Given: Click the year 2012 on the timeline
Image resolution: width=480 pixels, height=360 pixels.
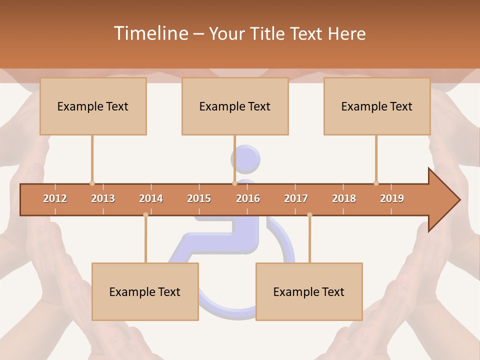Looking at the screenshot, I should tap(55, 198).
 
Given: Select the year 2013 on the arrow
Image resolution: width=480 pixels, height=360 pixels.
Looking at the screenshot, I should tap(103, 198).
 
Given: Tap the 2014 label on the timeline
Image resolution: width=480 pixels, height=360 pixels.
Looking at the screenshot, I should tap(151, 198).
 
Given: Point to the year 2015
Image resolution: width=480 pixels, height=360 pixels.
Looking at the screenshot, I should tap(199, 198).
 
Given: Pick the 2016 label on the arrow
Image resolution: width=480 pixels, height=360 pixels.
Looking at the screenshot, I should tap(248, 198).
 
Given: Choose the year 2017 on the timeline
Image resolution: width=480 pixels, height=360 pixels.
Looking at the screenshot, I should tap(296, 198).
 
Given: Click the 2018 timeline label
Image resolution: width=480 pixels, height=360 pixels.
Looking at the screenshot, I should tap(344, 198).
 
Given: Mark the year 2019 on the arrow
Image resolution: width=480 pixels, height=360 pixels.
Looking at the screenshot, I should tap(392, 198).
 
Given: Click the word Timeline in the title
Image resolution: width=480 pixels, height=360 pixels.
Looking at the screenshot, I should tap(150, 33).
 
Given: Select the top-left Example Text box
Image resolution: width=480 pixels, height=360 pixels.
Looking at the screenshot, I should tap(93, 106).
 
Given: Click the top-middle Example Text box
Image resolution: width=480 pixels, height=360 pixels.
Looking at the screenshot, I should tap(235, 106).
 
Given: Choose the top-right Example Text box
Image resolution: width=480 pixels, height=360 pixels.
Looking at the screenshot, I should tap(377, 106).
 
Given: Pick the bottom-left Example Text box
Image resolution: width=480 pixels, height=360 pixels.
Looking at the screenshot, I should tap(145, 291).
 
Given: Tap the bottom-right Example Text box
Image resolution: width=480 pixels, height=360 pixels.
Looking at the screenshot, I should tap(309, 291).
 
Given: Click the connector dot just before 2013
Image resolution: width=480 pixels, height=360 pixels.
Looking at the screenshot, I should tap(92, 183).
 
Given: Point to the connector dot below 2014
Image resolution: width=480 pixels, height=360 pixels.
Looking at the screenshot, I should tap(145, 215).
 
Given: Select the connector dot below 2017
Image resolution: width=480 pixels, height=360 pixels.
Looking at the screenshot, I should tap(309, 215).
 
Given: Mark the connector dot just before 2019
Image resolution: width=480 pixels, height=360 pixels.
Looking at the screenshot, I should tap(376, 183).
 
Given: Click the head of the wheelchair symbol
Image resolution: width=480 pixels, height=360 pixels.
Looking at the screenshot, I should tap(245, 158).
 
